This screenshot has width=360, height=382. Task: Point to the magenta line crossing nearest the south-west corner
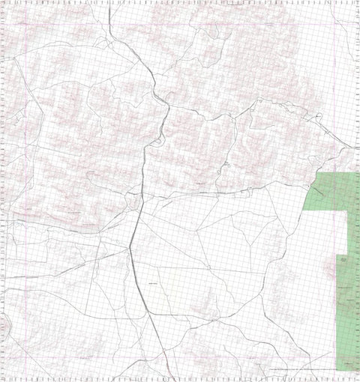click(27, 370)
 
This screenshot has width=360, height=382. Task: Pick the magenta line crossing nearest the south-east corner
click(346, 370)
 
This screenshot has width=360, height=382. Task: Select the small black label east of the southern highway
click(153, 284)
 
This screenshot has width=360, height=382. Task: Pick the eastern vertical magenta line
click(346, 112)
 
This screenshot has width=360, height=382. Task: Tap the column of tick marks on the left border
click(3, 187)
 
